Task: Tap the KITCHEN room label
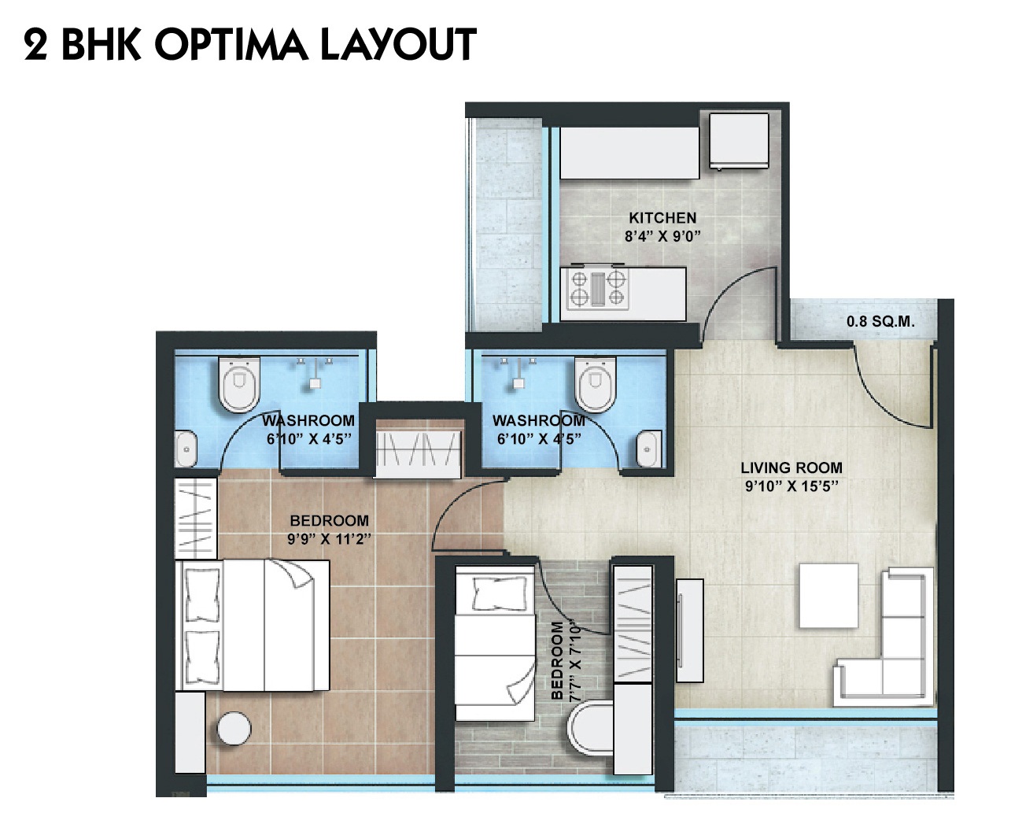coord(662,218)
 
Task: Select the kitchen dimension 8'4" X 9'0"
coord(662,236)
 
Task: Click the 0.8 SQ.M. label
coord(880,322)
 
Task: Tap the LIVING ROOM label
coord(791,467)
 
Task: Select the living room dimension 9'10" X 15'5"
coord(791,486)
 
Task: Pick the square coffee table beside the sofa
coord(828,595)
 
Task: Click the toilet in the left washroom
coord(239,385)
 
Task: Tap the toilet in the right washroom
coord(596,385)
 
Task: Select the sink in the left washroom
coord(185,449)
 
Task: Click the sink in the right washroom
coord(648,449)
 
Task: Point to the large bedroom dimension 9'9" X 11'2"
coord(329,539)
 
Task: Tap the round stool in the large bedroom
coord(234,729)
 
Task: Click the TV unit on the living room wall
coord(689,630)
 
